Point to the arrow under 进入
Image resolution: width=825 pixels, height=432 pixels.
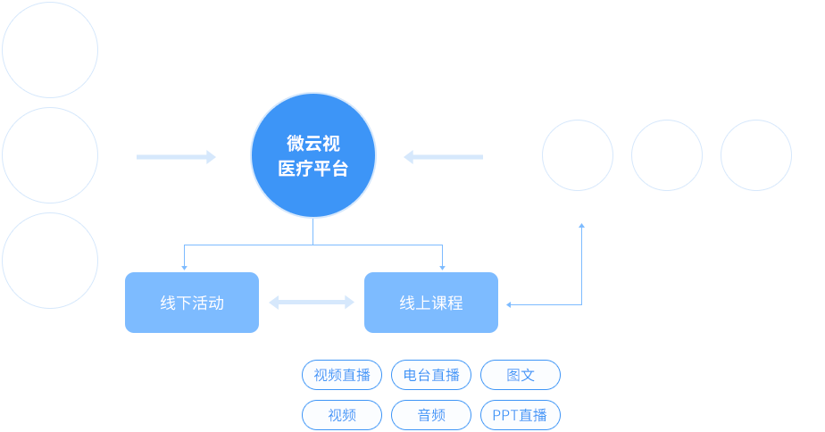click(176, 157)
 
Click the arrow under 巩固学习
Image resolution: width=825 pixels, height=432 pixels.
click(443, 157)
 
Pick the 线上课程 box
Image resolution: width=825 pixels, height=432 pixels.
click(431, 303)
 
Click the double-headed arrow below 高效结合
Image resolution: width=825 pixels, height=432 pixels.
click(311, 303)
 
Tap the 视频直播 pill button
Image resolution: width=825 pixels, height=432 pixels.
click(342, 375)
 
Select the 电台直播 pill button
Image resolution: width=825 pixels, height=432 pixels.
click(431, 375)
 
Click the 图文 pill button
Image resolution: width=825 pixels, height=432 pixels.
click(521, 375)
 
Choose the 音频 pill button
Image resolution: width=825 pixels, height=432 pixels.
click(431, 415)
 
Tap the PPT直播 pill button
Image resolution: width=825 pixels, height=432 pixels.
click(521, 415)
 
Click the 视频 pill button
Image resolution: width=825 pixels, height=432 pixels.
click(342, 415)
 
